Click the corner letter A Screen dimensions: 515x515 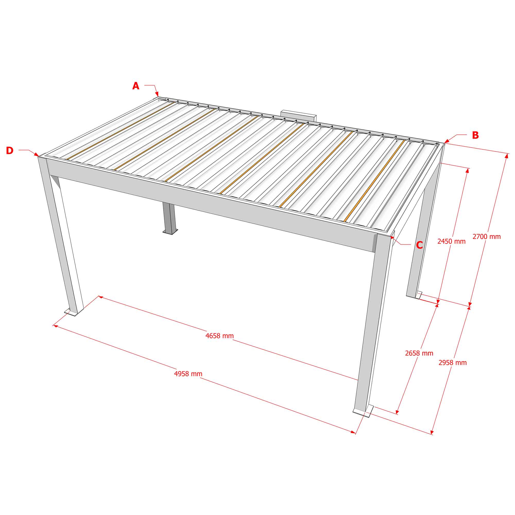pyautogui.click(x=136, y=86)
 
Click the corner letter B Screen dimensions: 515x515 pyautogui.click(x=475, y=135)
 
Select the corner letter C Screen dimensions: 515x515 pyautogui.click(x=419, y=245)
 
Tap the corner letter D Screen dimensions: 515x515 pyautogui.click(x=10, y=151)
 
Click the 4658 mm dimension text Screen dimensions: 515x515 pyautogui.click(x=219, y=336)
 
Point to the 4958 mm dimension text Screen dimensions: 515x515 pyautogui.click(x=188, y=374)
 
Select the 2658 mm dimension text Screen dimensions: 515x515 pyautogui.click(x=419, y=353)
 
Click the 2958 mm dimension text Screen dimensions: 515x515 pyautogui.click(x=453, y=363)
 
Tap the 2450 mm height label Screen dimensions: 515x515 pyautogui.click(x=451, y=241)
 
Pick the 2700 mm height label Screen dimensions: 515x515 pyautogui.click(x=486, y=236)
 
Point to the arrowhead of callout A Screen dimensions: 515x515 pyautogui.click(x=157, y=94)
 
